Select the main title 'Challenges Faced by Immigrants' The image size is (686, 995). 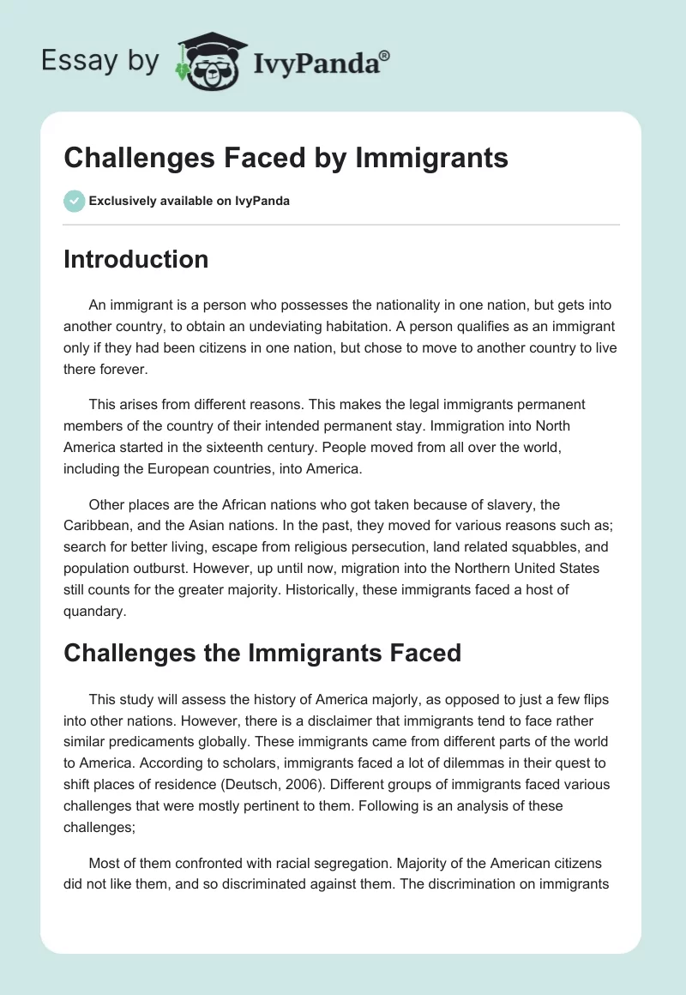click(286, 158)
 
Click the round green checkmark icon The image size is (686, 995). click(74, 201)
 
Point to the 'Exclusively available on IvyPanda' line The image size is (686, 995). click(189, 201)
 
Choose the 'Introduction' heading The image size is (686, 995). click(135, 259)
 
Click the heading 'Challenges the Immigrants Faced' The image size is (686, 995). click(262, 653)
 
